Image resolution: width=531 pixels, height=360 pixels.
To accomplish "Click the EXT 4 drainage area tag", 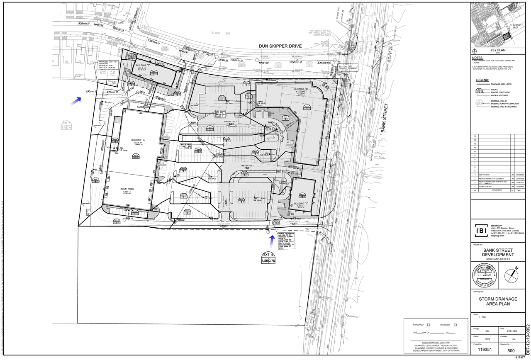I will coord(268,258).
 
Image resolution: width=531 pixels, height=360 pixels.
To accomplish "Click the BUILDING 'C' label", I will coord(302,204).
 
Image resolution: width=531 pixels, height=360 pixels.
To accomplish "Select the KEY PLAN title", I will coord(496,50).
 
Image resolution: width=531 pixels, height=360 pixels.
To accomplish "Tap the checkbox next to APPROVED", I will coord(429,325).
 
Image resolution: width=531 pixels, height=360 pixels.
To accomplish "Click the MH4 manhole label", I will coord(193,123).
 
